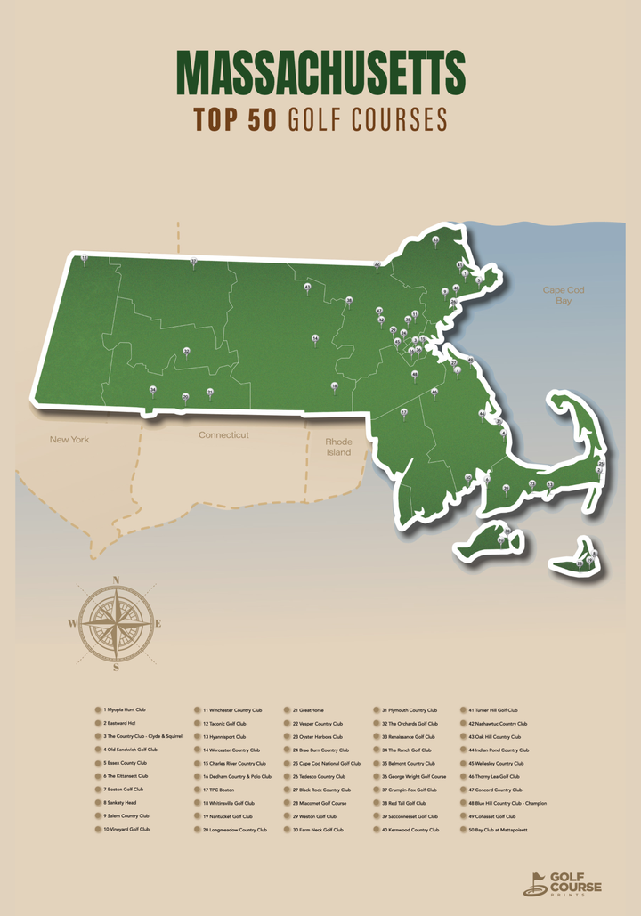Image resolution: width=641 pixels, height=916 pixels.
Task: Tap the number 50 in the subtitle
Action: (263, 119)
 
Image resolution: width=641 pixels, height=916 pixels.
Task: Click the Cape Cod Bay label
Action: (563, 296)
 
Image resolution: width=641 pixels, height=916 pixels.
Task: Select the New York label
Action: (69, 440)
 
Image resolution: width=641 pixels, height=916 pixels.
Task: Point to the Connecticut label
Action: (223, 435)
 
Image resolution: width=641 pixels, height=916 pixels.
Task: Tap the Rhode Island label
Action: (338, 447)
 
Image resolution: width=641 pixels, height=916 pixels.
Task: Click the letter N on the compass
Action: (116, 580)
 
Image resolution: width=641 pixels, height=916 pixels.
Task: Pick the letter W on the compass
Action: (72, 624)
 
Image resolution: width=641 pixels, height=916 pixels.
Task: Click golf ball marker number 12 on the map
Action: (84, 258)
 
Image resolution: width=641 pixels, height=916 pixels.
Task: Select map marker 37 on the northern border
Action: (193, 262)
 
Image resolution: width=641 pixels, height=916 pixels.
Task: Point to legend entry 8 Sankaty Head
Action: (120, 803)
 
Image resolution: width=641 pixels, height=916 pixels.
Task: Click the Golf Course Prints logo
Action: (563, 883)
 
